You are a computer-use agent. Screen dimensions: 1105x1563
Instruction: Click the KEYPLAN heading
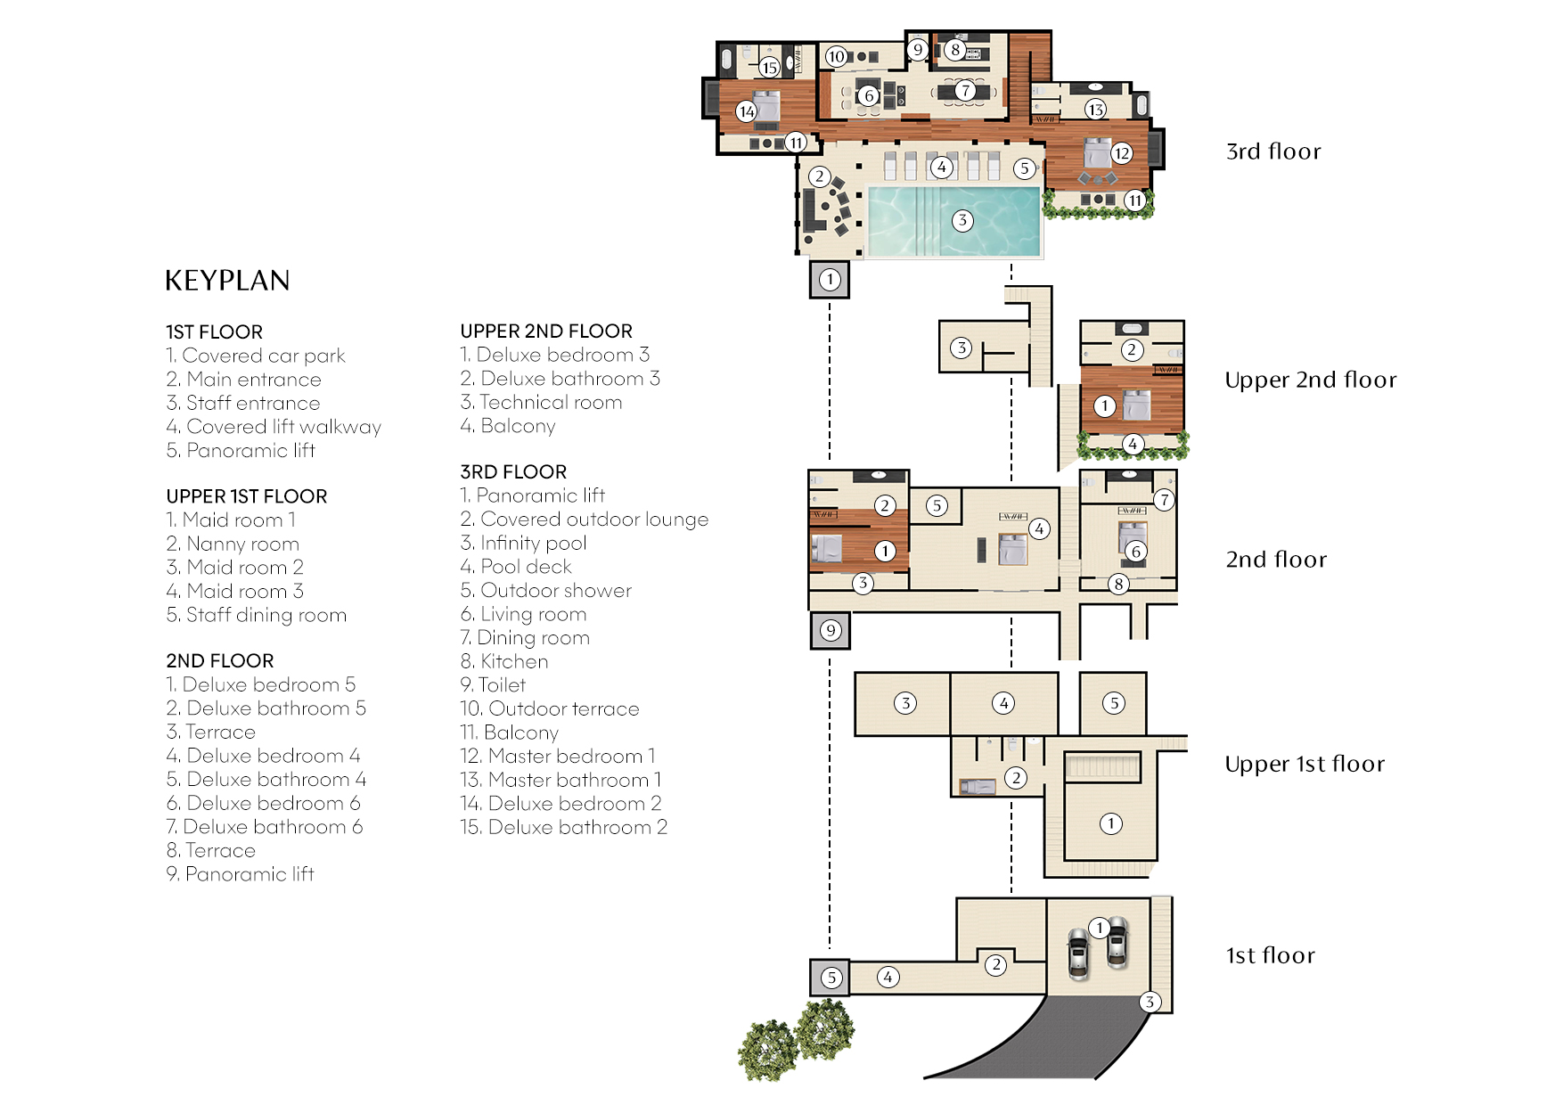[227, 281]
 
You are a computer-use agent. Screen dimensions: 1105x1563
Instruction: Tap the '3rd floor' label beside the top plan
[1273, 151]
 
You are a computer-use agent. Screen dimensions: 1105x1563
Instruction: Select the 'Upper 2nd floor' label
[1310, 380]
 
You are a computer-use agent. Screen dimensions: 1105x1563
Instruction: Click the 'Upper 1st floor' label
[1305, 764]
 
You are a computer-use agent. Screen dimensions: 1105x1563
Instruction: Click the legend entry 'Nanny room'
[233, 544]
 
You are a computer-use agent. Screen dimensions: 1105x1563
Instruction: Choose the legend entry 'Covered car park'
[255, 356]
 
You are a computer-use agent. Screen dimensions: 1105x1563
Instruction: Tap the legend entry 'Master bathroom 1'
[561, 780]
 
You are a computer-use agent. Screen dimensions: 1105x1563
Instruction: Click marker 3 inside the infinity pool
[962, 221]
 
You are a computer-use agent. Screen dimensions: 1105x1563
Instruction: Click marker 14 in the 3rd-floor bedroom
[747, 111]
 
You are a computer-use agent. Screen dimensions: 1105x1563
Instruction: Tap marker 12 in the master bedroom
[1122, 153]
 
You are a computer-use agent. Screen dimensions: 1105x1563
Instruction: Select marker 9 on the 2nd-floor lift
[831, 631]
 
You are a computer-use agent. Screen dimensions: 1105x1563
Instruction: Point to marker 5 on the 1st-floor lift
[831, 978]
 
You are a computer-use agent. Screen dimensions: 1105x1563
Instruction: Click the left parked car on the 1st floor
[1079, 954]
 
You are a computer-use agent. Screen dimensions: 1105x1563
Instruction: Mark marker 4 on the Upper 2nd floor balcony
[1133, 443]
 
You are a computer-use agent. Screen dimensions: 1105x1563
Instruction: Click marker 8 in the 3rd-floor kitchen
[955, 50]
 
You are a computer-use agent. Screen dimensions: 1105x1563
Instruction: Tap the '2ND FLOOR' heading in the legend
[219, 660]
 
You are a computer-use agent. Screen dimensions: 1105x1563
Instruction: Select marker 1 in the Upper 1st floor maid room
[1110, 823]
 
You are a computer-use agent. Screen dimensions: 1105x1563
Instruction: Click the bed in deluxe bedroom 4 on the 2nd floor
[1012, 549]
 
